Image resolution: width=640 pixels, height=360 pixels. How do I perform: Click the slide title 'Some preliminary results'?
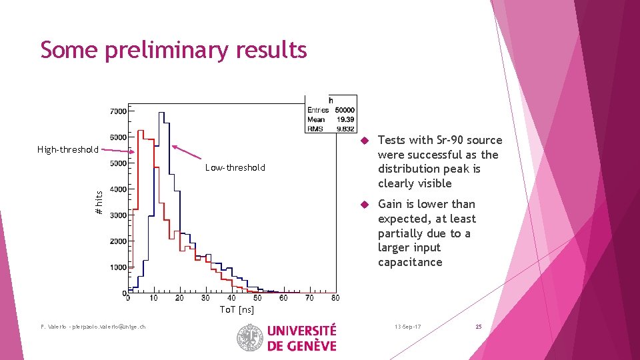tap(173, 50)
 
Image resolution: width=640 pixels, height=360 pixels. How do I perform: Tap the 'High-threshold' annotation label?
tap(67, 149)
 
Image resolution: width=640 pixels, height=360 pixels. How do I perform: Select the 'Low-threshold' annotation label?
tap(235, 167)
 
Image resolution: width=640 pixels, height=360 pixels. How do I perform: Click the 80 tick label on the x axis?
tap(335, 298)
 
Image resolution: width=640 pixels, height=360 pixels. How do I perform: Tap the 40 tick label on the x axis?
tap(231, 298)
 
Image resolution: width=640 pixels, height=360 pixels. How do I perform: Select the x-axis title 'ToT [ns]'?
tap(237, 309)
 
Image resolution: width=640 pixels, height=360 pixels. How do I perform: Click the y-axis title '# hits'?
tap(99, 203)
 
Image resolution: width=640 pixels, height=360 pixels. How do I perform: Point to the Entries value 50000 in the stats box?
tap(344, 110)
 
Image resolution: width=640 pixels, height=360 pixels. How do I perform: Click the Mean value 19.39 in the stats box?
tap(345, 119)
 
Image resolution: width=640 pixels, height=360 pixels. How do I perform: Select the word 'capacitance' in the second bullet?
tap(410, 262)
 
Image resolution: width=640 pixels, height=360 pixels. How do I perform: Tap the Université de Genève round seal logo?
tap(250, 337)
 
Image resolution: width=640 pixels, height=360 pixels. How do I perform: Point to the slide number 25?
tap(478, 327)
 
